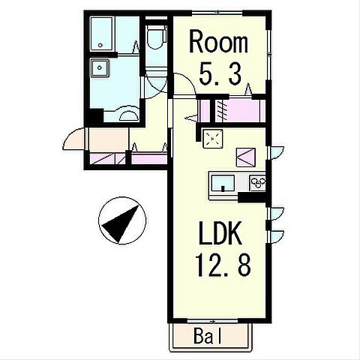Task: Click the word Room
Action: [218, 41]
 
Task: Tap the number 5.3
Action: [220, 73]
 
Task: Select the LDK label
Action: [220, 233]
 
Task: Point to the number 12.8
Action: [223, 264]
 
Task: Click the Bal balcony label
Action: [208, 336]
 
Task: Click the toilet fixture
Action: [157, 37]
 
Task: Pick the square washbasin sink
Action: [100, 67]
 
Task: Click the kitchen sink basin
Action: [223, 183]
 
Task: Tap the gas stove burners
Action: [257, 183]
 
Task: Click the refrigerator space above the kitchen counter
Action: [246, 157]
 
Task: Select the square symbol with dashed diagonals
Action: [213, 139]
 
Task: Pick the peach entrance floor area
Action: [109, 139]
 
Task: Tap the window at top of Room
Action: [217, 12]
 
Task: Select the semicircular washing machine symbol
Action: [129, 115]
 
